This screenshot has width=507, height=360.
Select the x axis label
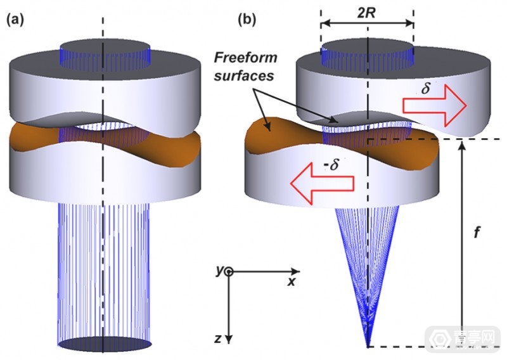point(292,281)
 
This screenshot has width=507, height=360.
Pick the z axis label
point(217,339)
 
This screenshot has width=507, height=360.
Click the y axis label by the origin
point(219,271)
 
